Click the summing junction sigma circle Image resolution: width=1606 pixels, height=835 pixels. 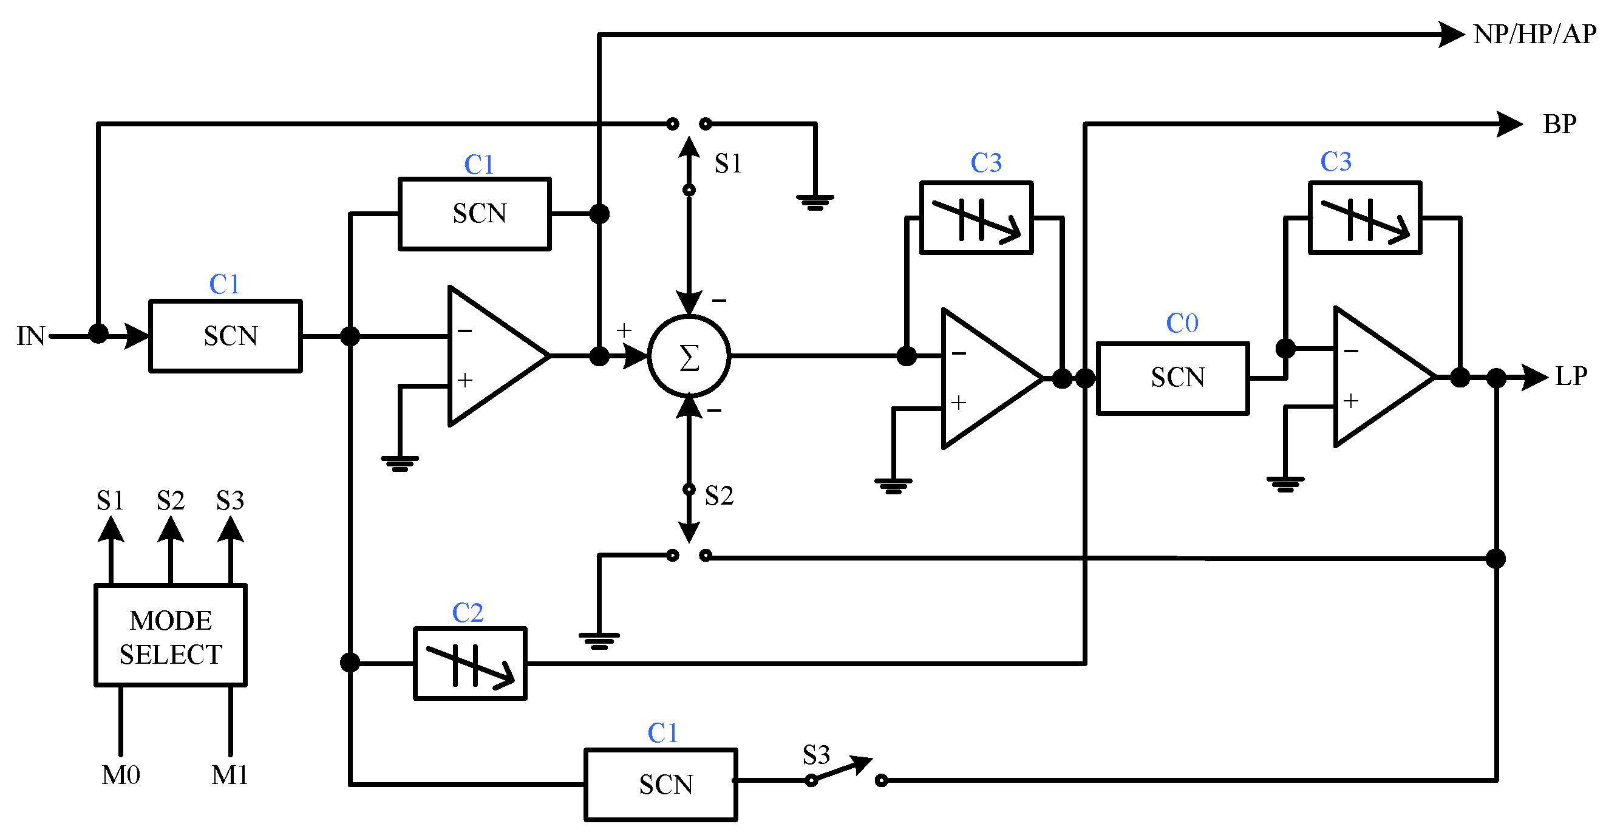[689, 356]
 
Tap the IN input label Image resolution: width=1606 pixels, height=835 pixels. [30, 336]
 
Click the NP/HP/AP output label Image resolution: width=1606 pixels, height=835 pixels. [1534, 34]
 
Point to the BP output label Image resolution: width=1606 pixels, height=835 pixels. [1559, 124]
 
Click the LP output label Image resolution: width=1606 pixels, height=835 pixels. [1571, 377]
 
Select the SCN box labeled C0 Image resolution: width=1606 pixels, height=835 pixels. [1172, 378]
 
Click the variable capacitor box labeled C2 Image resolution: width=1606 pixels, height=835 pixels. [470, 664]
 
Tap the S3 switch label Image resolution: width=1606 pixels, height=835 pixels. [815, 755]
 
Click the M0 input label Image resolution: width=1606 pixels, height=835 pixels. [120, 775]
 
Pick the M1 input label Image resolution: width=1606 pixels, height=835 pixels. [230, 775]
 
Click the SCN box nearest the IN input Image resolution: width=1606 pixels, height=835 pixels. [225, 336]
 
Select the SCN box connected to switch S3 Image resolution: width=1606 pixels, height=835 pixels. [661, 785]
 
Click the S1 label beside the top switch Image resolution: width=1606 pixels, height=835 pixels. [727, 163]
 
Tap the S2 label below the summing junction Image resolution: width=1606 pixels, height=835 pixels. [719, 496]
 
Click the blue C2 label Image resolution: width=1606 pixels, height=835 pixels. [468, 613]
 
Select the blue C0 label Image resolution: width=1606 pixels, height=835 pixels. [1182, 323]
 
